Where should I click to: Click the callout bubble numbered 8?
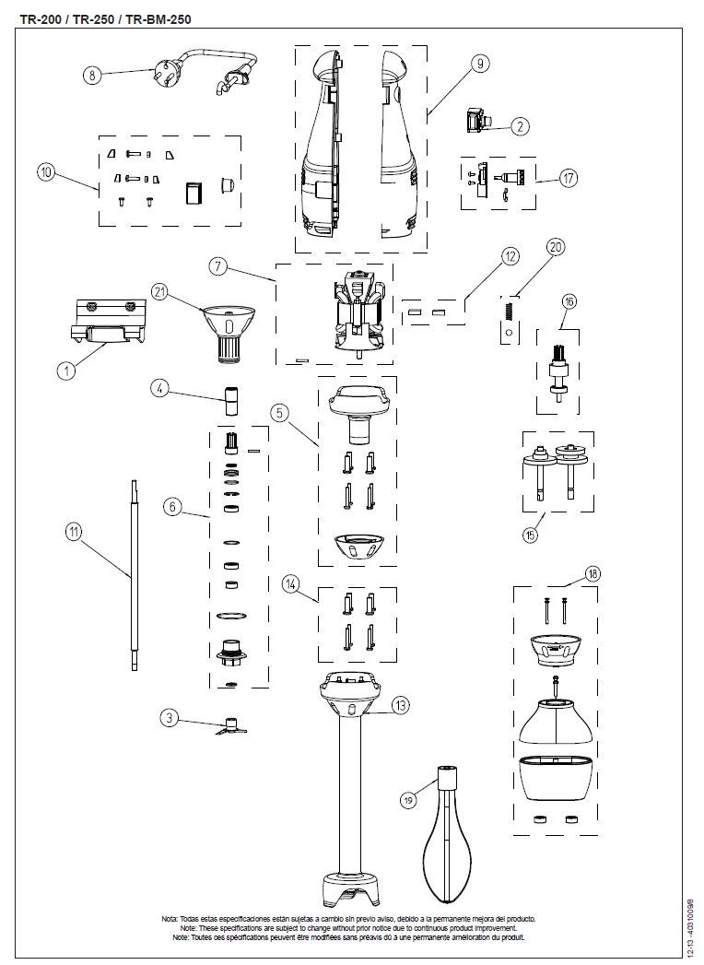pos(91,76)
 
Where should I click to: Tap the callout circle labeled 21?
pos(159,293)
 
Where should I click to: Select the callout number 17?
pos(568,178)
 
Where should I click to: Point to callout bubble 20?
pos(554,246)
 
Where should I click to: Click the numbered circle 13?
pos(399,706)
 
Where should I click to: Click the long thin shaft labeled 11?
pos(135,576)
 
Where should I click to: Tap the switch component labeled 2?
pos(479,121)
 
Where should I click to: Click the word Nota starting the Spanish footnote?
pos(170,919)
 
